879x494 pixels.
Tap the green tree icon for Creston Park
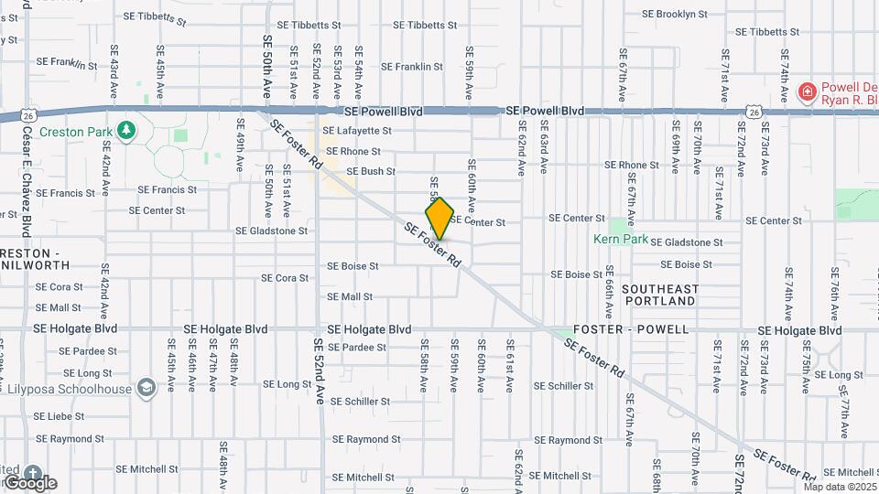(x=125, y=131)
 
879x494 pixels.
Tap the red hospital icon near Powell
(x=807, y=91)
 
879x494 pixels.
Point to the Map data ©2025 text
(x=840, y=487)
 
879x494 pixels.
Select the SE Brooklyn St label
(x=682, y=15)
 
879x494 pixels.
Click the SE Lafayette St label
(x=358, y=130)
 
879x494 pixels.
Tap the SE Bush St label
(x=364, y=171)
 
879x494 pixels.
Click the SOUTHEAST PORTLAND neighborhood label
(x=659, y=295)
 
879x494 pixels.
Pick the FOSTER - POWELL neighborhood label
(x=631, y=329)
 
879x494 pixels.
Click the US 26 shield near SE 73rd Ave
(x=754, y=112)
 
